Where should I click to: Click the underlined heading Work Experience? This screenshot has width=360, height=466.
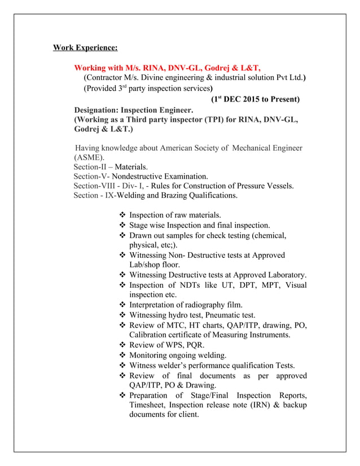(x=85, y=47)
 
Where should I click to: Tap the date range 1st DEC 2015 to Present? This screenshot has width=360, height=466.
(x=255, y=99)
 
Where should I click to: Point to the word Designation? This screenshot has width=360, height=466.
(x=96, y=110)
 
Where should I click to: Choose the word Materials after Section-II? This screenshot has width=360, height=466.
(x=131, y=167)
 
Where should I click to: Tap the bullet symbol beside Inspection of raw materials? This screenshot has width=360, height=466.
(x=122, y=215)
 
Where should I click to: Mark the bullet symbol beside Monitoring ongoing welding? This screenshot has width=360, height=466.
(x=122, y=355)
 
